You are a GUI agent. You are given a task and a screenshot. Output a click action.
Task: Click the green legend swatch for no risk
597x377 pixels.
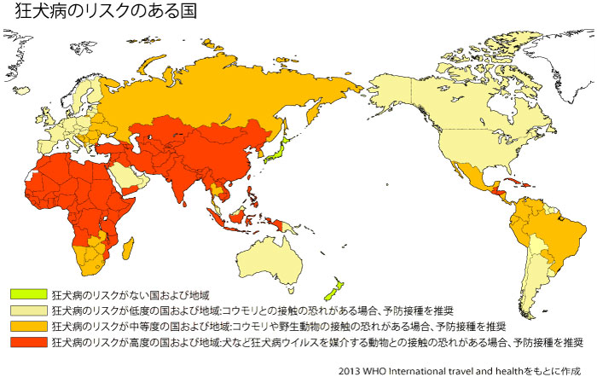coord(27,294)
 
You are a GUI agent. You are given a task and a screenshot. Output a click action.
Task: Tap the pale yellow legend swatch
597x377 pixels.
coord(27,310)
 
